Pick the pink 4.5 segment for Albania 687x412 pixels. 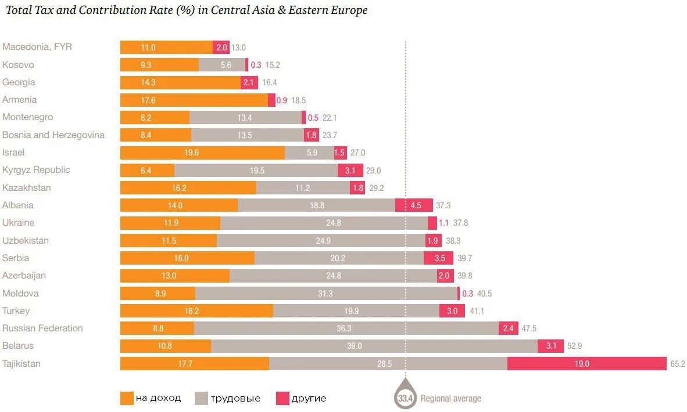pos(414,205)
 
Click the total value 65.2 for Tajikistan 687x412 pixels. pos(678,364)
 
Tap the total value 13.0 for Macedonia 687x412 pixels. pos(238,48)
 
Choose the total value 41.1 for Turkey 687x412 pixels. pos(477,311)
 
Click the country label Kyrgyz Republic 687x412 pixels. pos(36,170)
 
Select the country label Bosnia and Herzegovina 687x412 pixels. pos(53,135)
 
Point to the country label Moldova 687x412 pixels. pos(20,293)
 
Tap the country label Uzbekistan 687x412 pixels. pos(26,240)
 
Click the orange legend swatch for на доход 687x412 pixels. pos(127,398)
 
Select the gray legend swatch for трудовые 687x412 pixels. pos(201,398)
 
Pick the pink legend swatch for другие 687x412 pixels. pos(282,398)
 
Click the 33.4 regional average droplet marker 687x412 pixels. pos(405,397)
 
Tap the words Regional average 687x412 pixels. pos(450,399)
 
